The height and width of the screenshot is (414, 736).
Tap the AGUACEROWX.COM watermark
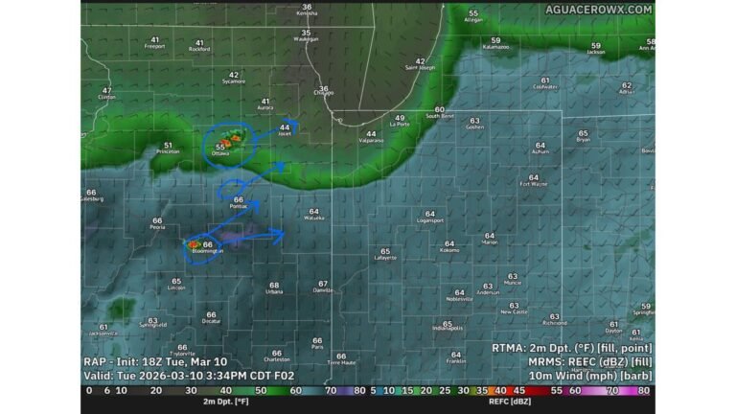point(599,10)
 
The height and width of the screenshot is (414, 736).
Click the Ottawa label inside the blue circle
point(220,153)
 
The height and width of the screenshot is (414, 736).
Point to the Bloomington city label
point(205,251)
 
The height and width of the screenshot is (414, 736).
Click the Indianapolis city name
point(448,328)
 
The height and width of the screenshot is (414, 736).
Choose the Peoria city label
point(157,228)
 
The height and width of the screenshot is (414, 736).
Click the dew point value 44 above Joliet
point(285,127)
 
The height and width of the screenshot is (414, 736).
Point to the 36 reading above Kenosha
point(307,8)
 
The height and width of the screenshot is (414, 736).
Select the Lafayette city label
point(385,258)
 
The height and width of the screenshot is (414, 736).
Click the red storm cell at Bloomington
point(194,244)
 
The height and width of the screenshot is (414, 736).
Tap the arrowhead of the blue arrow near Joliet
point(296,124)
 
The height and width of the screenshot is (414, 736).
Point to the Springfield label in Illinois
point(152,326)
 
